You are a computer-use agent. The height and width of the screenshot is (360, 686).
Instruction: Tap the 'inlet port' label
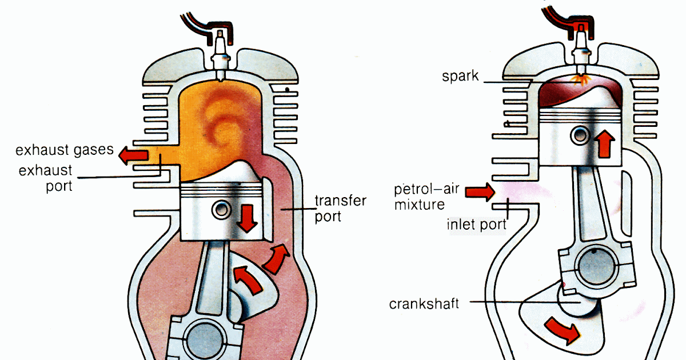(x=476, y=225)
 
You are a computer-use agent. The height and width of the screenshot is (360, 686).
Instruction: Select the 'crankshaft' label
(x=424, y=303)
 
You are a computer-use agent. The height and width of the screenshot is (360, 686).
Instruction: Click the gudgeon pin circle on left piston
(x=220, y=209)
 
